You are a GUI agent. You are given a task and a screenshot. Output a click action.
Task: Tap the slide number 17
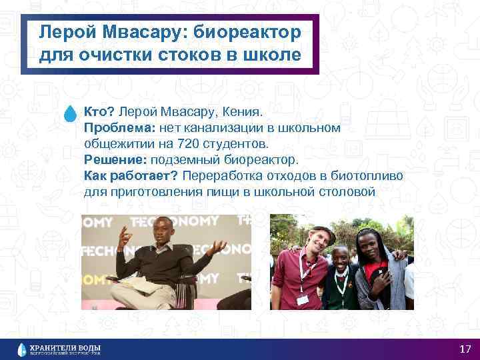[465, 349]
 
